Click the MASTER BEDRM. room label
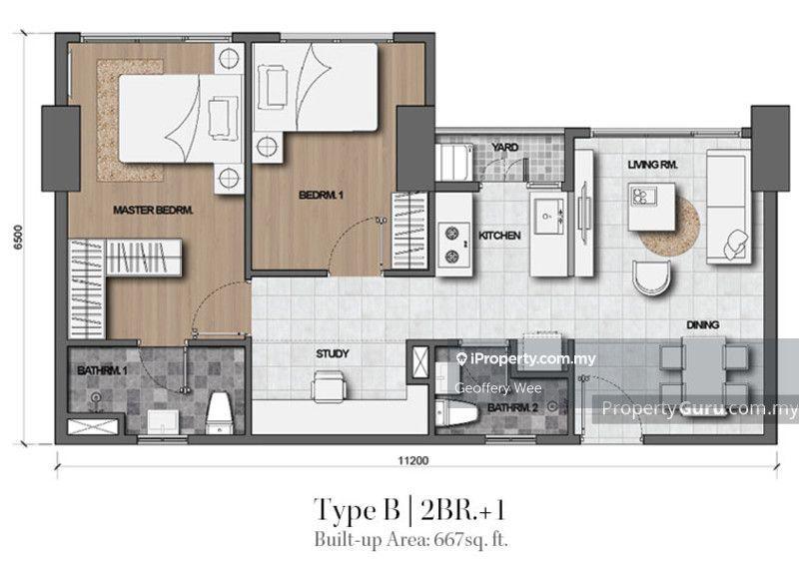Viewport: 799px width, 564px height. [x=153, y=210]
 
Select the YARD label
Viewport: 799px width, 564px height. [x=505, y=148]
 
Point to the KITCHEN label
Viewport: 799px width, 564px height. [x=499, y=236]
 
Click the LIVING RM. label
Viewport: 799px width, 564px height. [x=652, y=165]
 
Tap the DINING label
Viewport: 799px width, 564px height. [x=703, y=324]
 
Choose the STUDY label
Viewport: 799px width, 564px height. [x=333, y=353]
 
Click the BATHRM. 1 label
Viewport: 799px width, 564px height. [x=102, y=370]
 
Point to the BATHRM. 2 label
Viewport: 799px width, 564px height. [x=512, y=408]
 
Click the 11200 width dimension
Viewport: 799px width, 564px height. [x=413, y=460]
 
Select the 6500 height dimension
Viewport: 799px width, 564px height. [x=19, y=238]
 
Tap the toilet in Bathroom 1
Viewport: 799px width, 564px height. [x=220, y=412]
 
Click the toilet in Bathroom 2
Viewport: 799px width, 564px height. [x=457, y=412]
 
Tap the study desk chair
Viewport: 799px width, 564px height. [x=330, y=385]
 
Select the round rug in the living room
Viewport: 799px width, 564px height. [x=669, y=228]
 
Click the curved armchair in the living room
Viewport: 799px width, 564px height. [x=652, y=278]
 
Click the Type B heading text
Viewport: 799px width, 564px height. [x=358, y=509]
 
